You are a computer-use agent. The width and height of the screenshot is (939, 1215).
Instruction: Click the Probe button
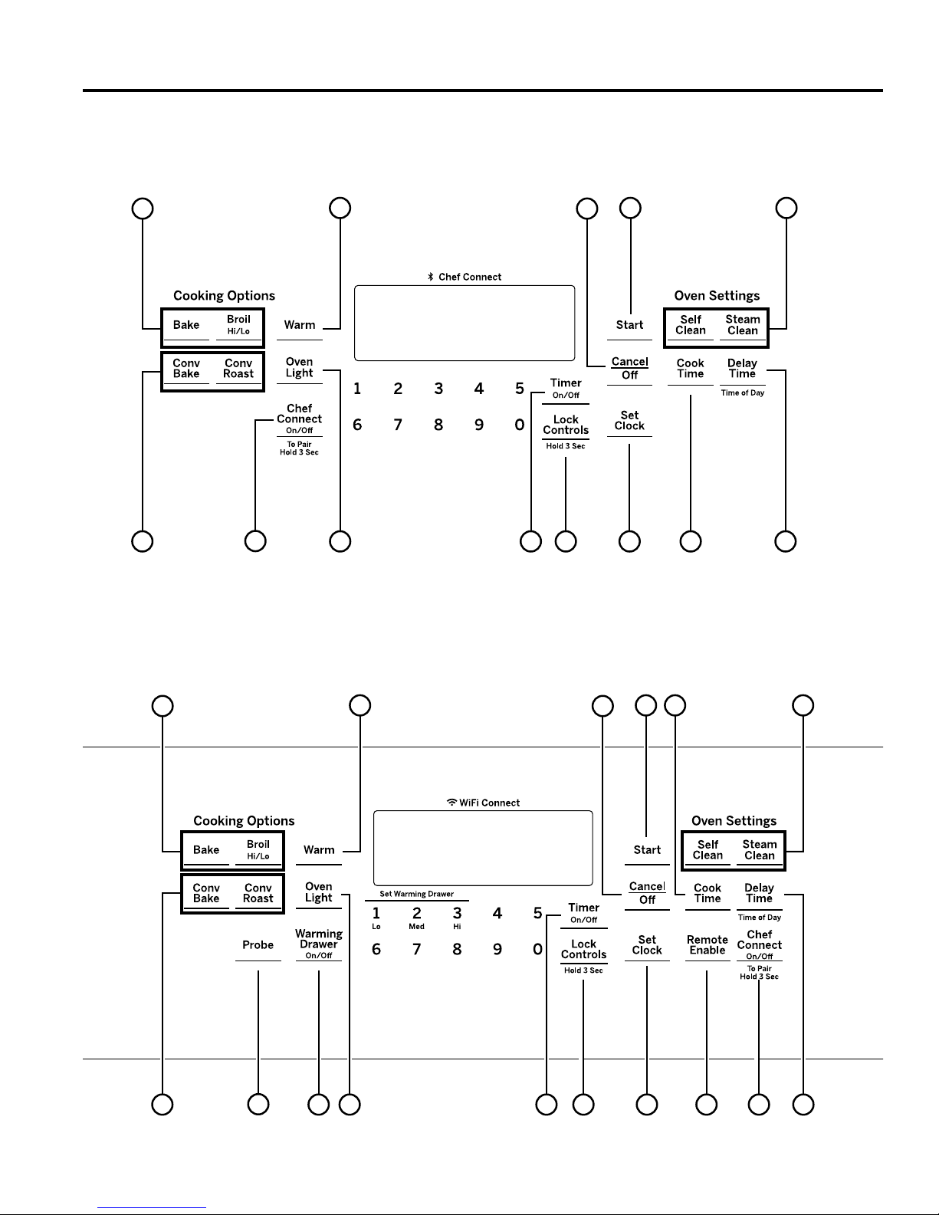point(258,945)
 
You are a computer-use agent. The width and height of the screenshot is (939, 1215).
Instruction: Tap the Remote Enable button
point(707,945)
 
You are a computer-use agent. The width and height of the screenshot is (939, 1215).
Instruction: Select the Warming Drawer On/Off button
point(319,944)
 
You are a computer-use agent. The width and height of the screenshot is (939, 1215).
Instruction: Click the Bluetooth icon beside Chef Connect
point(430,277)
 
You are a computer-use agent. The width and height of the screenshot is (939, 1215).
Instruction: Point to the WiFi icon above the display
point(451,802)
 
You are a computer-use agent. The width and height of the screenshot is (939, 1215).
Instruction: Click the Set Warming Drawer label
point(416,894)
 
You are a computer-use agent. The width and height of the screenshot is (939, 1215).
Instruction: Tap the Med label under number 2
point(416,926)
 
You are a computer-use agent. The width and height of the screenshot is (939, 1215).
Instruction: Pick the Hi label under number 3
point(457,926)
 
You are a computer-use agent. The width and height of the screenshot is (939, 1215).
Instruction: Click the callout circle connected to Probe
point(258,1105)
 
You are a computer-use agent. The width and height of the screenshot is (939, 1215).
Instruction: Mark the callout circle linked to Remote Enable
point(707,1105)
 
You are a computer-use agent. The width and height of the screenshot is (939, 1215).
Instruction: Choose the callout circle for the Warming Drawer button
point(319,1105)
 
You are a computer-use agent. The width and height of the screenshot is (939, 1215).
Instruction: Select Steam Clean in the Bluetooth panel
point(742,325)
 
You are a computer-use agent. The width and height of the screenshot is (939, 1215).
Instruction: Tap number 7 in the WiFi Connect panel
point(416,949)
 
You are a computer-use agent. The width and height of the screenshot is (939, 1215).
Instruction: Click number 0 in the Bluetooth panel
point(519,425)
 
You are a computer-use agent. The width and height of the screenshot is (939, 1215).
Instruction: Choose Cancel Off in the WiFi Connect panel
point(647,893)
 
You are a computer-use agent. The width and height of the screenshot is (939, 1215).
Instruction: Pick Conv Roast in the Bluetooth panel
point(238,369)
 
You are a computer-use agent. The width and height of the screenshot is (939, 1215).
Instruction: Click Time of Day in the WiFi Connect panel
point(759,917)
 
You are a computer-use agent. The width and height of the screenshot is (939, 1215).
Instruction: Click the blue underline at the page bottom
point(152,1208)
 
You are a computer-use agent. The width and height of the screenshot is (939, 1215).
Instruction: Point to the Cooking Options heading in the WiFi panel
point(244,821)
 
